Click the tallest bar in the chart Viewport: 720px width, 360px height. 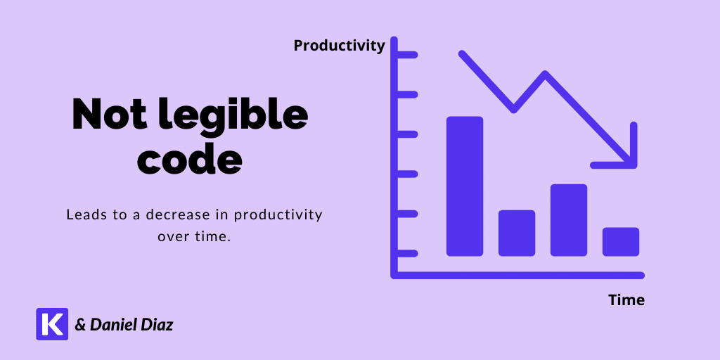point(465,186)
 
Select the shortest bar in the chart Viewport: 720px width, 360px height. point(621,242)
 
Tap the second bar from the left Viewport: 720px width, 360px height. point(517,233)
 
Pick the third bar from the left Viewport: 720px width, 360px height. point(568,220)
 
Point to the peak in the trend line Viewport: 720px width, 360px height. point(545,75)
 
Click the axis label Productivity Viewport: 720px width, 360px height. point(339,46)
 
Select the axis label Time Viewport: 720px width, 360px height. point(626,300)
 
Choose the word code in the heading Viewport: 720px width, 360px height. point(190,159)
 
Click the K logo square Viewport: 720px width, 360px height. point(52,323)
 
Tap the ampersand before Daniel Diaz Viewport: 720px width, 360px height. point(81,326)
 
